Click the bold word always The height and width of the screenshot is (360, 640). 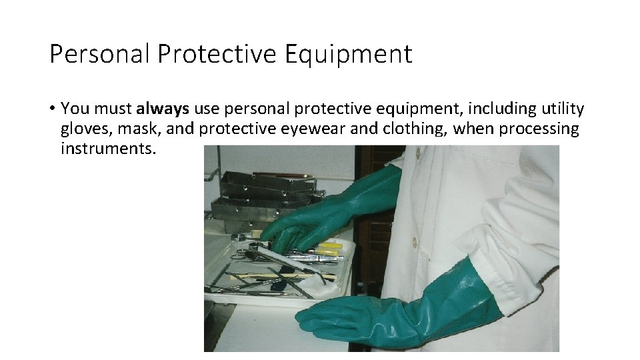[163, 109]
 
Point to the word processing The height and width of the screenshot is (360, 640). [537, 129]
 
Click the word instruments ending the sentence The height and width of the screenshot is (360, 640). [107, 148]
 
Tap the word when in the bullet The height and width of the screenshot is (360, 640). [471, 129]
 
